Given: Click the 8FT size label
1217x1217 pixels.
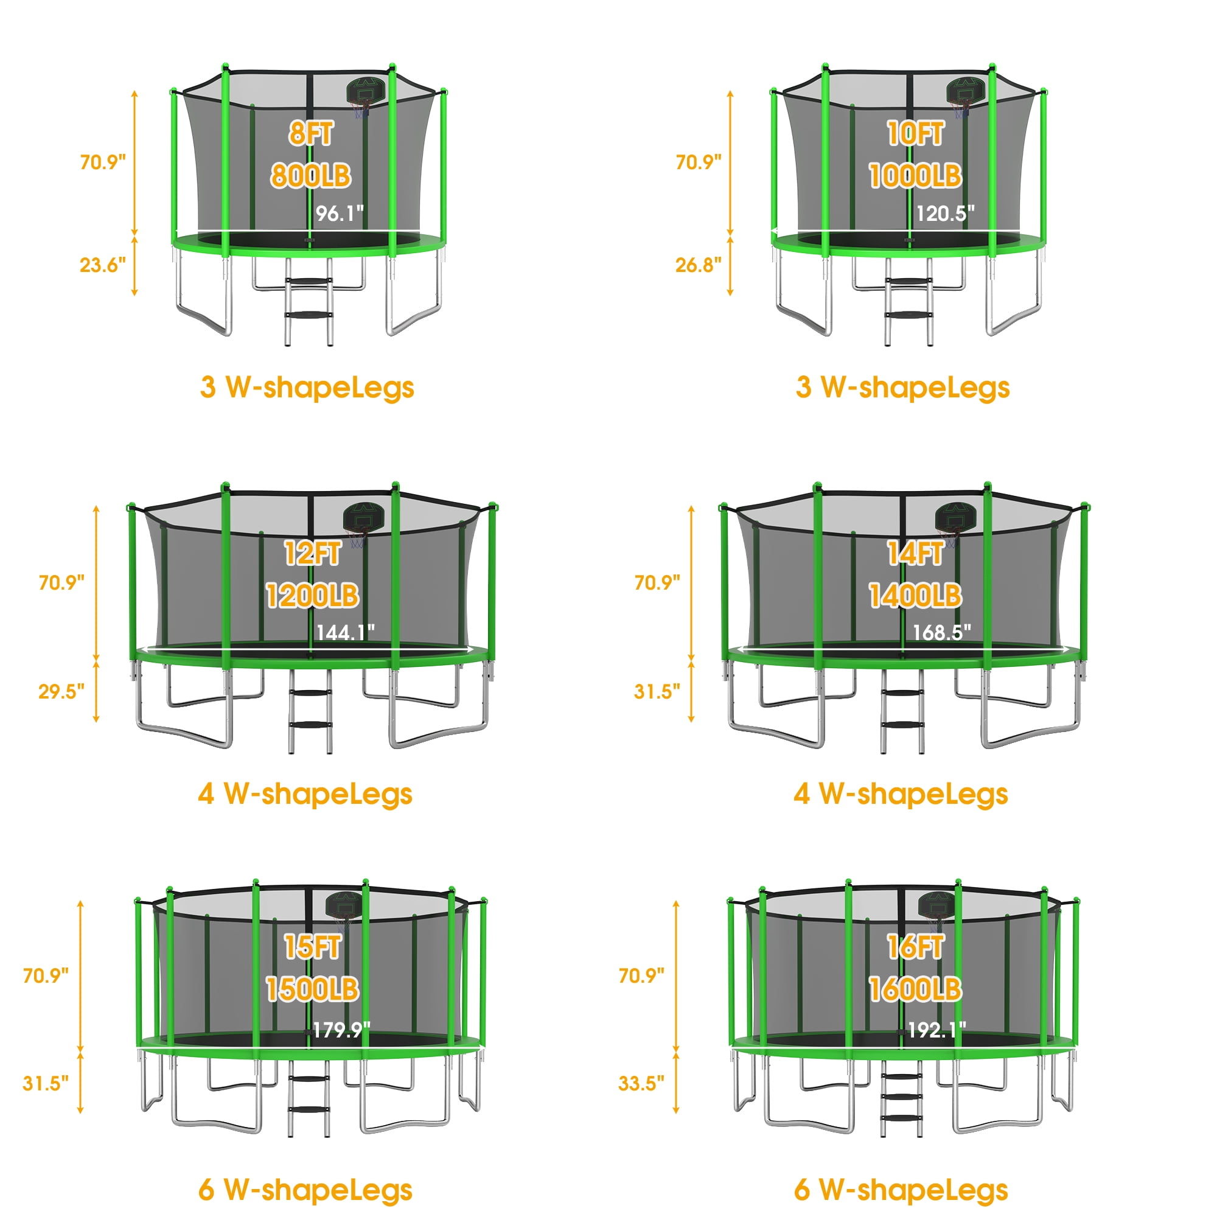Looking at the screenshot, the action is pos(311,133).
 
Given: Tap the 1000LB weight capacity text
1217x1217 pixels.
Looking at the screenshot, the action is pos(915,176).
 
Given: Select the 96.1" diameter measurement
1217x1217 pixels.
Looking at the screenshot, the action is pos(340,214).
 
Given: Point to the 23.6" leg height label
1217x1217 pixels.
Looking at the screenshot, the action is pos(103,265).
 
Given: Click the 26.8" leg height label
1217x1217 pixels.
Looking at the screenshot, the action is pos(699,265).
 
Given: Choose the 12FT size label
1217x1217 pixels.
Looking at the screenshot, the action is pos(312,554).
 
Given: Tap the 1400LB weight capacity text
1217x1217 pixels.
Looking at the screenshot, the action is pos(915,595).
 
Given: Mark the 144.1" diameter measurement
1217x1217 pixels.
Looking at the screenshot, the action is pos(345,632).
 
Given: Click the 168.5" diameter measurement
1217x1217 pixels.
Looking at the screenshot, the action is pos(942,632).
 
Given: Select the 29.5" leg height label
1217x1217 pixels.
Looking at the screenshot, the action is pos(61,692).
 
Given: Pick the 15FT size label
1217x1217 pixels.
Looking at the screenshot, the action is pos(312,947).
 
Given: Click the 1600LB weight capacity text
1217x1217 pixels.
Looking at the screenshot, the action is pos(915,989).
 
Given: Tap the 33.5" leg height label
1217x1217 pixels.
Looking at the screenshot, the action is pos(641,1084).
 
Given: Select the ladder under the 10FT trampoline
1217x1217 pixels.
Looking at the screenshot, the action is pos(908,302).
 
